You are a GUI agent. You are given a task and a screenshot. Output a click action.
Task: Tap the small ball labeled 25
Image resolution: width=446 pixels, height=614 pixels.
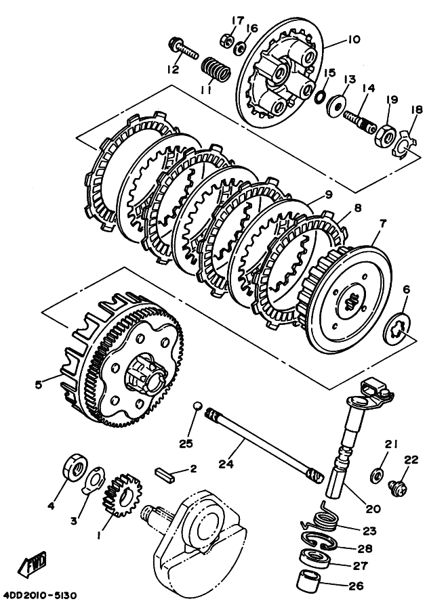[196, 406]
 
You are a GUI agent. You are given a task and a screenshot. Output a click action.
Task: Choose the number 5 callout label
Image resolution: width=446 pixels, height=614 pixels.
[39, 385]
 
